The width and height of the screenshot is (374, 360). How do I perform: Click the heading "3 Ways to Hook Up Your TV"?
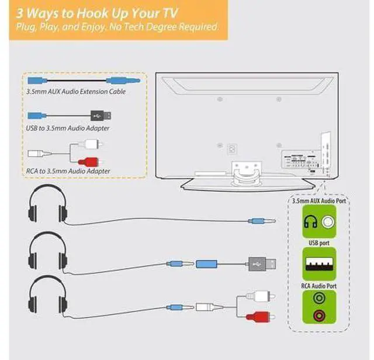click(x=97, y=13)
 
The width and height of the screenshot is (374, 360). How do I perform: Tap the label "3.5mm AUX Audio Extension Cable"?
click(x=76, y=92)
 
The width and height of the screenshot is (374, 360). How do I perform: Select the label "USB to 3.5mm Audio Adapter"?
click(x=68, y=128)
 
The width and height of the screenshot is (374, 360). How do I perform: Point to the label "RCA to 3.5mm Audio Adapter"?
click(x=68, y=171)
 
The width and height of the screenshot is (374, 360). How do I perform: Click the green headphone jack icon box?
click(x=319, y=221)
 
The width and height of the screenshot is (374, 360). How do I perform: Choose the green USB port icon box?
click(x=319, y=264)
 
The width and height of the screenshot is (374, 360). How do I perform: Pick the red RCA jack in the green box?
click(x=319, y=316)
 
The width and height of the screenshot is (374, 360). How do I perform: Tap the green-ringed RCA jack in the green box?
click(x=319, y=298)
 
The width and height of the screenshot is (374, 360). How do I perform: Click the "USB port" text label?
click(x=319, y=243)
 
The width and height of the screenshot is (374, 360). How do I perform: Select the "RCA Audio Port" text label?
click(x=319, y=286)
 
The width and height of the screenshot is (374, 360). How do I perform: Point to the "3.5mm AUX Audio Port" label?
click(x=319, y=201)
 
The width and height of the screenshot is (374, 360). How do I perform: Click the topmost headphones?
click(x=48, y=203)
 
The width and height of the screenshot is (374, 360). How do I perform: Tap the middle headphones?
click(x=48, y=251)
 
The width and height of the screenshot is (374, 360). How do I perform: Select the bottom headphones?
click(x=48, y=294)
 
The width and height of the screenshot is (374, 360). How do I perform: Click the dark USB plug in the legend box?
click(x=101, y=116)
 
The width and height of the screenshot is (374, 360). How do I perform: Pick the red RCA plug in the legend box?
click(x=90, y=162)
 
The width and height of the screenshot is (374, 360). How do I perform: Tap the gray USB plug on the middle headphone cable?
click(x=262, y=264)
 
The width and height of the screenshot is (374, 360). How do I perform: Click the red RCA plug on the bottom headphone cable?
click(x=260, y=316)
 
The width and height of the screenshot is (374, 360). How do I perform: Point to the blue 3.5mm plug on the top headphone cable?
click(x=261, y=221)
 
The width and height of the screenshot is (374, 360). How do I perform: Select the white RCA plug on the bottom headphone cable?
click(x=260, y=296)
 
